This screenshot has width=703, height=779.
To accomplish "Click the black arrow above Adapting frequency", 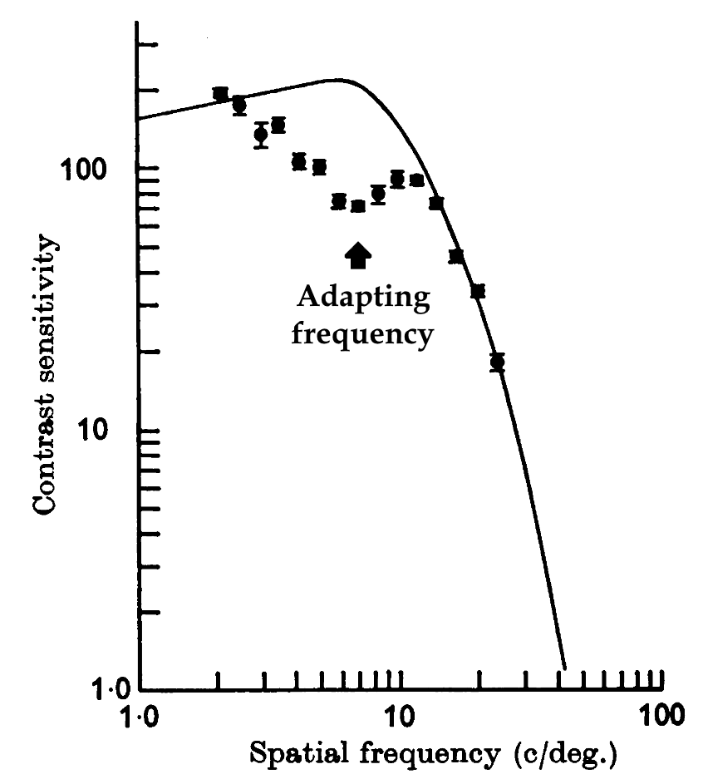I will pyautogui.click(x=358, y=255).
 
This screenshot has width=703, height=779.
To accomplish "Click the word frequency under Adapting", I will pyautogui.click(x=365, y=335).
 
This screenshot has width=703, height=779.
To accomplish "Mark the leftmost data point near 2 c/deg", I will pyautogui.click(x=220, y=94).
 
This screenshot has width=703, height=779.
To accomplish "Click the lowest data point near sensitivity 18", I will pyautogui.click(x=497, y=362).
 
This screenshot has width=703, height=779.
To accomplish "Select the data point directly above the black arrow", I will pyautogui.click(x=358, y=206).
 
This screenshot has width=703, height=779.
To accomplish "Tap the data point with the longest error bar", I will pyautogui.click(x=261, y=135).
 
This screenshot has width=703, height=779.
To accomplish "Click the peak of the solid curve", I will pyautogui.click(x=332, y=79).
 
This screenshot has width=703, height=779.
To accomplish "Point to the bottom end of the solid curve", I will pyautogui.click(x=565, y=668).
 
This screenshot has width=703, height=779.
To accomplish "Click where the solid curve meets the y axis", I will pyautogui.click(x=140, y=118).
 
